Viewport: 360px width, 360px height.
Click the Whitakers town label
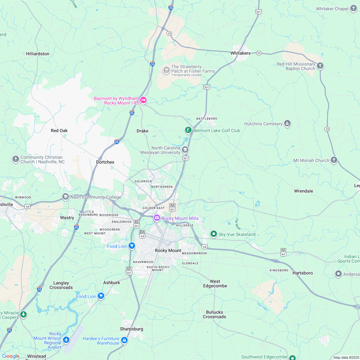240,53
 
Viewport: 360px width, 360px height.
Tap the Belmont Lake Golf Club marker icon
188,130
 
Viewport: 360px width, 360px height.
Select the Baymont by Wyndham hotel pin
143,100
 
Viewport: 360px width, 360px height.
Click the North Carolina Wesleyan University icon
185,149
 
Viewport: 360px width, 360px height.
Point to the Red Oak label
59,130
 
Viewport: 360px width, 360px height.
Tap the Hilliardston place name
38,54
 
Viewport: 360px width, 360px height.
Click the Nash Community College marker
66,197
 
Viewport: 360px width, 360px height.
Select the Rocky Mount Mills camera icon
157,218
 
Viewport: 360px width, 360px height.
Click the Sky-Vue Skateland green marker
214,234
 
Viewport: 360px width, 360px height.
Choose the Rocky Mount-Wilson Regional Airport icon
66,339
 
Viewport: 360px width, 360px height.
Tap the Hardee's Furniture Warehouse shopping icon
124,340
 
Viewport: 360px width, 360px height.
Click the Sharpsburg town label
131,329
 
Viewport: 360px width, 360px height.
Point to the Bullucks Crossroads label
214,314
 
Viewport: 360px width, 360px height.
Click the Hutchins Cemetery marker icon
287,123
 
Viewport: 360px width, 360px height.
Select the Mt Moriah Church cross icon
334,160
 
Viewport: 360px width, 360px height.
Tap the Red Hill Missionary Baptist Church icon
319,66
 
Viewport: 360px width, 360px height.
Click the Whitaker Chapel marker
353,9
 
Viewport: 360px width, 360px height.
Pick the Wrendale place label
303,191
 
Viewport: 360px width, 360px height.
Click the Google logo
11,356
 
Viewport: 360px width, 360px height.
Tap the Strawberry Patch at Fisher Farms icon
166,70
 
